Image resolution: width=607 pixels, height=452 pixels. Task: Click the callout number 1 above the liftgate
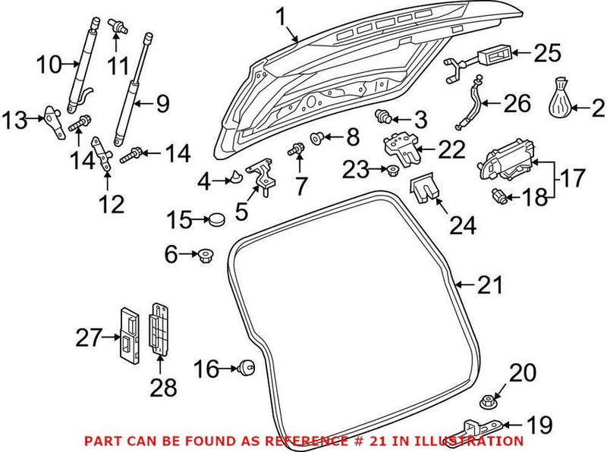(x=281, y=14)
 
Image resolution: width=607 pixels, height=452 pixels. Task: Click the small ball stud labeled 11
(x=118, y=25)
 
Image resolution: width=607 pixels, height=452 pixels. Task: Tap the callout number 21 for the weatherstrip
(x=490, y=285)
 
